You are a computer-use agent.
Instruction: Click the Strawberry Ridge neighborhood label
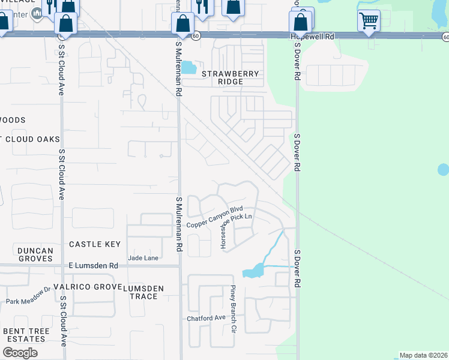231,77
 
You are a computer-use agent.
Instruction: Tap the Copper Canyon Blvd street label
214,220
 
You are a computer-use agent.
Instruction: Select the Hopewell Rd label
312,37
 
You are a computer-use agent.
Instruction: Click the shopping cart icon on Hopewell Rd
369,21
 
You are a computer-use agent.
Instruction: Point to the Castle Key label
95,244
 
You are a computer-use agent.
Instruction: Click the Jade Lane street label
143,257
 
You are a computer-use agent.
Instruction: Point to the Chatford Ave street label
205,318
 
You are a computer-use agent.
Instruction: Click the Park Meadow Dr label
28,296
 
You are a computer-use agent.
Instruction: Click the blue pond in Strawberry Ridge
189,67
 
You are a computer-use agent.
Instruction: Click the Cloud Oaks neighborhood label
30,139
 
